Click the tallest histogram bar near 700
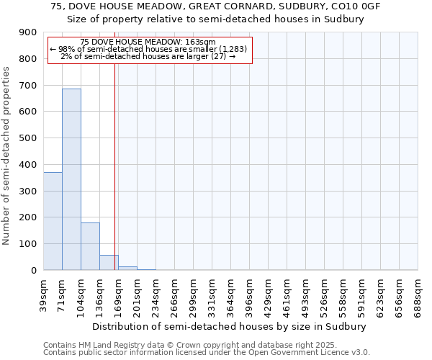(x=71, y=179)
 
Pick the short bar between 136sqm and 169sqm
(x=109, y=263)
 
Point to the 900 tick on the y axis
(x=28, y=32)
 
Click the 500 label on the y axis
(x=28, y=138)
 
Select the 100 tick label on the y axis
(x=28, y=244)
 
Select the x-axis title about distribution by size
(x=230, y=326)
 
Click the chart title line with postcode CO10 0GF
(x=216, y=6)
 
